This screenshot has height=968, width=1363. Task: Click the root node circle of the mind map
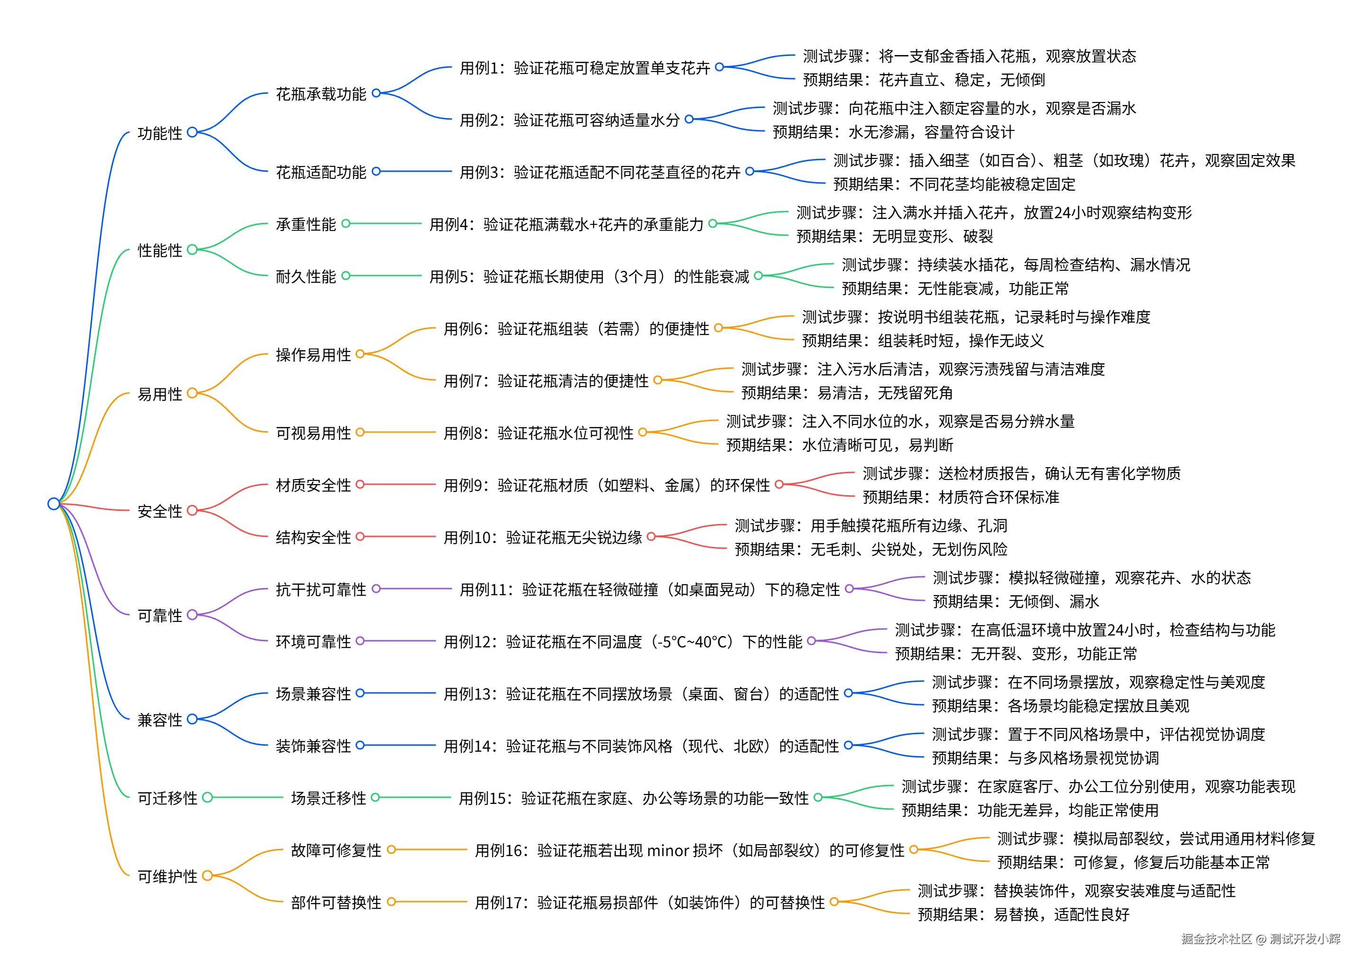tap(54, 504)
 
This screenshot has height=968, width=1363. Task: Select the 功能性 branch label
tap(160, 133)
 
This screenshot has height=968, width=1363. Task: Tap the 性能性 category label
tap(160, 250)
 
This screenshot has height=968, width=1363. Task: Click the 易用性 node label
tap(160, 394)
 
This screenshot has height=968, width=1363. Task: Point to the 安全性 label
tap(160, 511)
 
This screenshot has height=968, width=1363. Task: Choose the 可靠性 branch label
tap(160, 616)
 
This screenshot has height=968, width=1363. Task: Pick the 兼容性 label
tap(160, 720)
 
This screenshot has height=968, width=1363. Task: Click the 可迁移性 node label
tap(167, 798)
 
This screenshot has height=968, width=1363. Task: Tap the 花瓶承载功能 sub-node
tap(320, 94)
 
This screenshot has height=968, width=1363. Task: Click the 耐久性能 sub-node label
tap(306, 277)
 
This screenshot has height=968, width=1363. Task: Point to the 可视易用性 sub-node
tap(313, 433)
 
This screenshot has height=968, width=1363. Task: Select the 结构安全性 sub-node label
tap(313, 538)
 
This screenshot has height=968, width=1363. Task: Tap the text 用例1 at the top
tap(478, 68)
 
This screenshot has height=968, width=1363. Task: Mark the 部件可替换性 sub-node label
tap(336, 903)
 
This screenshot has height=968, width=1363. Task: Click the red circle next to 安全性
tap(192, 510)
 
